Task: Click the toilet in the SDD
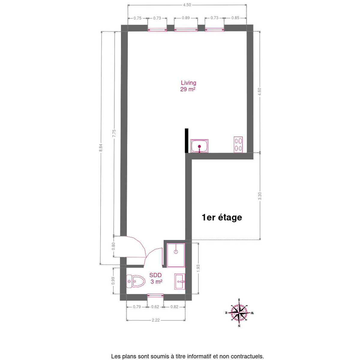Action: click(x=136, y=281)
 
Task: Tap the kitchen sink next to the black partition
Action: click(x=199, y=146)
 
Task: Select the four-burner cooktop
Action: click(x=238, y=145)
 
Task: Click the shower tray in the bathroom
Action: click(x=175, y=255)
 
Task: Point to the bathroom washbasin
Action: click(x=180, y=281)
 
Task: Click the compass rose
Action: click(x=239, y=313)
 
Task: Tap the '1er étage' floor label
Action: click(x=222, y=217)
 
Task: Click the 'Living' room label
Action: click(x=188, y=83)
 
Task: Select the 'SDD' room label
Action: click(x=155, y=275)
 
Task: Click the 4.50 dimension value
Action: click(x=187, y=5)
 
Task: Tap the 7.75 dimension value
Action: click(x=114, y=133)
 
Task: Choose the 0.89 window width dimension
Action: click(x=186, y=18)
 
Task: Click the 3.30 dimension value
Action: click(x=260, y=196)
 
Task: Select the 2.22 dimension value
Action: click(x=156, y=320)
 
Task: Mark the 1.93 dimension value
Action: click(x=198, y=268)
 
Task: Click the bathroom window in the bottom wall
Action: click(x=155, y=295)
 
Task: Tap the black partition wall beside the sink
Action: click(x=186, y=141)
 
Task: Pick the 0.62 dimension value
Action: click(x=155, y=307)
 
